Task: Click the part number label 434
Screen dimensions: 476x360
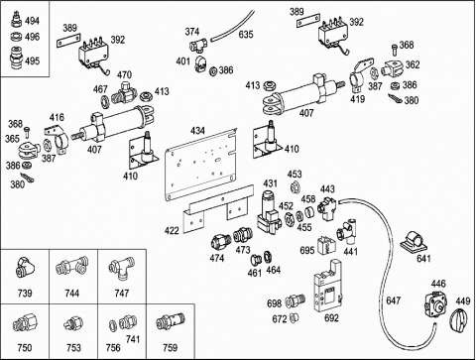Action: click(x=197, y=131)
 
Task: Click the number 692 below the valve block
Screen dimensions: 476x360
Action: click(x=331, y=317)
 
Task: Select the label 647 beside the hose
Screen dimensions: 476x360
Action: click(x=393, y=300)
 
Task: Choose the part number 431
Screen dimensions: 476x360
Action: click(x=270, y=183)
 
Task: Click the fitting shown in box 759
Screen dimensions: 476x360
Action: click(x=171, y=321)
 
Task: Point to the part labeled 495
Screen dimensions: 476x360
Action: click(x=15, y=59)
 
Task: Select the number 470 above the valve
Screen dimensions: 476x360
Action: click(x=124, y=75)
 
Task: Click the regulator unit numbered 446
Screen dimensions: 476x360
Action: click(x=435, y=304)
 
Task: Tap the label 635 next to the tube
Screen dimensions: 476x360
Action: click(x=246, y=35)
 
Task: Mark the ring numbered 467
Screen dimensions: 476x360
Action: click(x=106, y=101)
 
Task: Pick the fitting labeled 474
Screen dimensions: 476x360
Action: click(x=220, y=242)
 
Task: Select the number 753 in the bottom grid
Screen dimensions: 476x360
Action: click(x=73, y=348)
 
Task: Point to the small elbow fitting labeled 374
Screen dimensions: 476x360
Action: click(x=198, y=45)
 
